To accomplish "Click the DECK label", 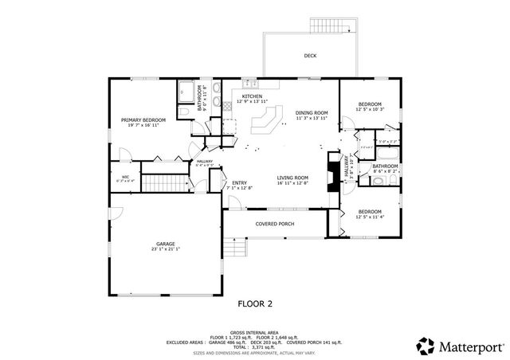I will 310,56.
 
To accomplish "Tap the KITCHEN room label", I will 253,96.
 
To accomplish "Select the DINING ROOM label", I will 312,113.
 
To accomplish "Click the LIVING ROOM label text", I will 292,178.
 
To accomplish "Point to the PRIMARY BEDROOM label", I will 143,120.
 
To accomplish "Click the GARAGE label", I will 165,244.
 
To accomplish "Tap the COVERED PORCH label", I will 274,224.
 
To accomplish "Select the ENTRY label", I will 239,183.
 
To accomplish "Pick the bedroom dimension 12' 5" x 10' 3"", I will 370,109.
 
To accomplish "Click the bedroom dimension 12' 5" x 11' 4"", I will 370,216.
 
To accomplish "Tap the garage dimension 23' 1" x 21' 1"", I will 165,249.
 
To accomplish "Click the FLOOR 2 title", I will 255,303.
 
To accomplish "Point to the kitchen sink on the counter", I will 249,83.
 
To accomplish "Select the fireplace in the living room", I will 328,170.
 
